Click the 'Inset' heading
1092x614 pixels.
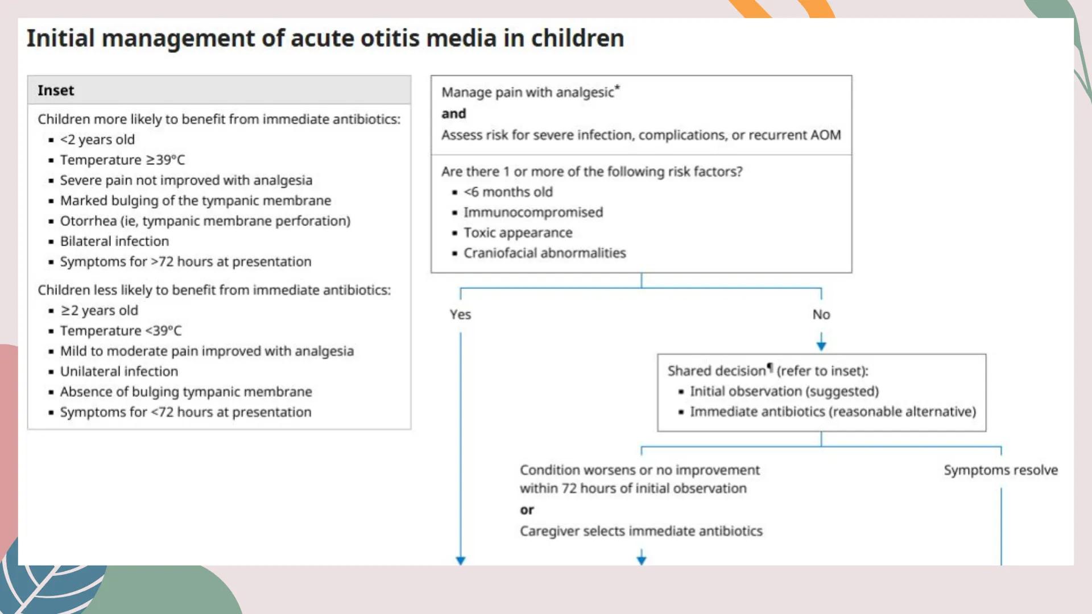point(56,90)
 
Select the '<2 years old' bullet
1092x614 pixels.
point(97,139)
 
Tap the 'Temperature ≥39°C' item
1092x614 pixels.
point(122,160)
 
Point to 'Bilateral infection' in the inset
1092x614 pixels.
point(114,241)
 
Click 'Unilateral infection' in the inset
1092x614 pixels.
point(119,371)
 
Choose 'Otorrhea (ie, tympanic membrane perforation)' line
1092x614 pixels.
point(205,221)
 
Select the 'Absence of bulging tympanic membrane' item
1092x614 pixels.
point(186,392)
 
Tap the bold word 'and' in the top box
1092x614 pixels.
point(453,114)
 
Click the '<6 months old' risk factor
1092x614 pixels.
point(508,192)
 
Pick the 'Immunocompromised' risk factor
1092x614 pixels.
point(533,212)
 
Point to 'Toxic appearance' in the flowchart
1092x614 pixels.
point(518,233)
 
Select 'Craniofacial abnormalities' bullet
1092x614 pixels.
point(544,253)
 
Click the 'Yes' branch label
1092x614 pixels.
point(460,314)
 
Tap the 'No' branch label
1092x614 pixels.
point(821,314)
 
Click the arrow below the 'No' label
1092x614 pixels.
point(821,342)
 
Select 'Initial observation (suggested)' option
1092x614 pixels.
point(784,391)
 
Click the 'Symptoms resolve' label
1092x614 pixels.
point(1000,470)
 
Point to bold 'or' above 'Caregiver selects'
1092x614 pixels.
point(527,510)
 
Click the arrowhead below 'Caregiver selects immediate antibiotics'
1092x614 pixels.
point(642,559)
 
